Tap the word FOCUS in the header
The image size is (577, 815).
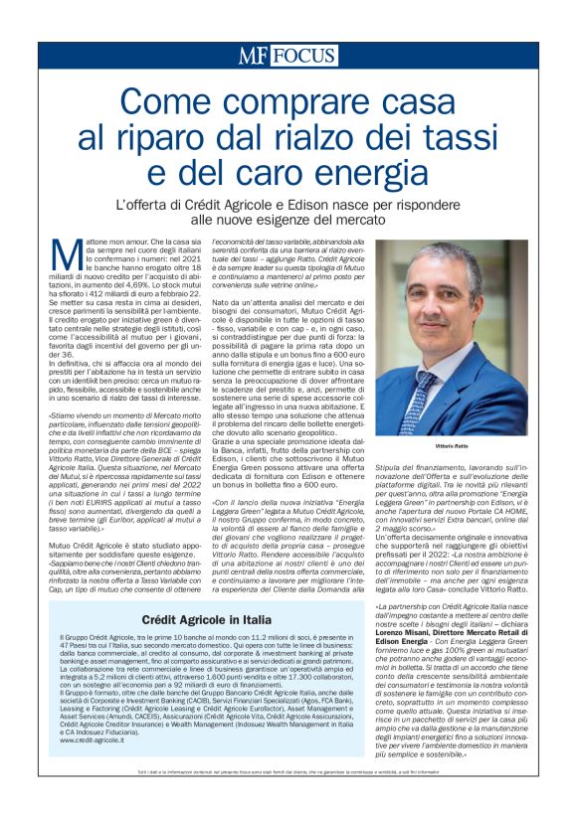coord(303,57)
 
